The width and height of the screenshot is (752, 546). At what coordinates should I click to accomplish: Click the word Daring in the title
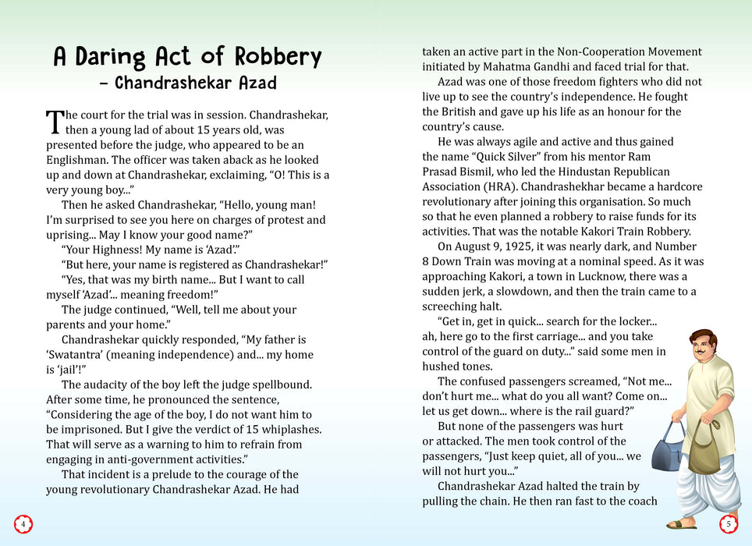(x=112, y=57)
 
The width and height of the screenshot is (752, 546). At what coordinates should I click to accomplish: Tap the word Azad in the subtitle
(x=251, y=82)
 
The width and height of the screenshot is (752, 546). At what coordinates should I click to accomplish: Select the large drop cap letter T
(x=54, y=122)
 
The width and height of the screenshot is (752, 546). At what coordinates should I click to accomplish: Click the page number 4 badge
(x=23, y=524)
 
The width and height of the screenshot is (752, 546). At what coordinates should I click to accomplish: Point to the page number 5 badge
(x=729, y=524)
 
